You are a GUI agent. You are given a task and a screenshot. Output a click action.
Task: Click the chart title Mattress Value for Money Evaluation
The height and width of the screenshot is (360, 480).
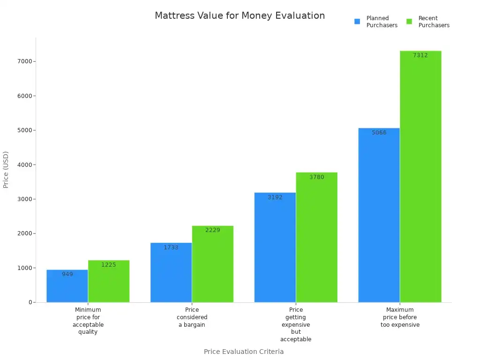pos(240,15)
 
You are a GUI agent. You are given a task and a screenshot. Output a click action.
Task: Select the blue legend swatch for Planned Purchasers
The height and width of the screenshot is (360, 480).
pos(357,22)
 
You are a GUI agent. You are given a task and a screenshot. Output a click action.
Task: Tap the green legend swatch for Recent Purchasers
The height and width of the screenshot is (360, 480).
pos(409,22)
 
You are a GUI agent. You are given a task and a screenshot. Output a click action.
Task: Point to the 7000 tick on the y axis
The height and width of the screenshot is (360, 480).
pos(24,61)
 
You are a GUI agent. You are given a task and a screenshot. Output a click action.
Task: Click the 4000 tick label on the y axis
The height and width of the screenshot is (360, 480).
pos(24,165)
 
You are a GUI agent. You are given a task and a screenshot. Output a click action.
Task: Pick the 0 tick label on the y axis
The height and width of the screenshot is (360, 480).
pos(30,302)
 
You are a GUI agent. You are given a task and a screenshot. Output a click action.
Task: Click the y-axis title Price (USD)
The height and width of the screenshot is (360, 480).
pos(6,170)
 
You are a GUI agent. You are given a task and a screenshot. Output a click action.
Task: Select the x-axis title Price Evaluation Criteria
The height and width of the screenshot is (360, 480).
pos(243,352)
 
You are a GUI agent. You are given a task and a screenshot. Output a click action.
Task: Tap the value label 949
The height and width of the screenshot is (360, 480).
pos(67,274)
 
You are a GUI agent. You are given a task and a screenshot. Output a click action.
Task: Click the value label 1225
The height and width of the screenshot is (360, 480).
pos(108,265)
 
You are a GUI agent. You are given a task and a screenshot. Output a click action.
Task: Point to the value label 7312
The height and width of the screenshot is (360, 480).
pos(420,55)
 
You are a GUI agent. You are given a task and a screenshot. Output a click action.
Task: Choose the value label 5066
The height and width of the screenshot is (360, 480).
pos(379,133)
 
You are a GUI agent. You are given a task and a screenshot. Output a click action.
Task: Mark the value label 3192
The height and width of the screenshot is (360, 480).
pos(275,197)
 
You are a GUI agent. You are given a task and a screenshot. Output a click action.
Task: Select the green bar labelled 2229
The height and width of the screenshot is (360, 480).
pos(212,267)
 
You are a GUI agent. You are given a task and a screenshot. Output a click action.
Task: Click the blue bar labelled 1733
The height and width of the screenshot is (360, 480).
pos(171,274)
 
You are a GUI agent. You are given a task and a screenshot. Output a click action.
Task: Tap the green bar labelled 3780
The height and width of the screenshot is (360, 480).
pos(316,239)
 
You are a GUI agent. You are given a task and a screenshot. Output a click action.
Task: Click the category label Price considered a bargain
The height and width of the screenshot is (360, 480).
pos(192,317)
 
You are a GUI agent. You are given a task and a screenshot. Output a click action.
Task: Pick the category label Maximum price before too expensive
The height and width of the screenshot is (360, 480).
pos(399,317)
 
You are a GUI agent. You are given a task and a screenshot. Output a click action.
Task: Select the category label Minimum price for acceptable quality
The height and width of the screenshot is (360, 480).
pos(88,321)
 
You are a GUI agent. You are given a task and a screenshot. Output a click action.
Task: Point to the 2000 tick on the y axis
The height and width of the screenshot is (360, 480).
pos(24,233)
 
